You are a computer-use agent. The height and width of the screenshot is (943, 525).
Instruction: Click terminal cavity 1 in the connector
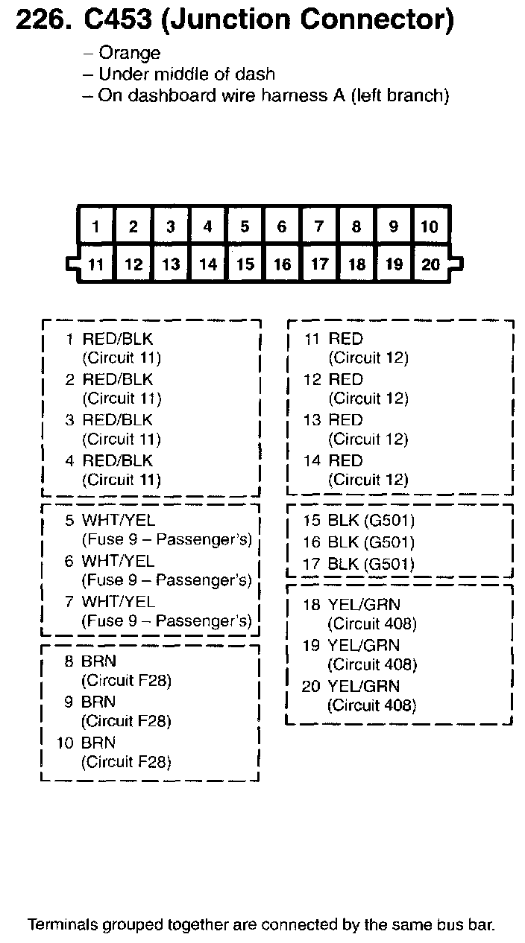(x=96, y=226)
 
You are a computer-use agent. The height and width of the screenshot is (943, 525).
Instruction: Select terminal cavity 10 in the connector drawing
(x=430, y=226)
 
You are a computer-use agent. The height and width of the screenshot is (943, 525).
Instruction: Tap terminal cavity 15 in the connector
(x=245, y=264)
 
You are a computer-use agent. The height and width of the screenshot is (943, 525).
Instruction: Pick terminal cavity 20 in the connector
(x=430, y=264)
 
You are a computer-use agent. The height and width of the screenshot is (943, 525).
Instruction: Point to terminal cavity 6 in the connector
(x=282, y=226)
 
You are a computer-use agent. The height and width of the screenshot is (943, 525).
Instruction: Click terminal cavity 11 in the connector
(x=96, y=264)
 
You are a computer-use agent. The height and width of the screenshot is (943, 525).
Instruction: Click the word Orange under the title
(x=129, y=53)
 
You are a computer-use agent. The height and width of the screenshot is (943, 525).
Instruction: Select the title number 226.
(x=44, y=21)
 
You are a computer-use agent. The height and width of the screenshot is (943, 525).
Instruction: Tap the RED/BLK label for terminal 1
(x=117, y=339)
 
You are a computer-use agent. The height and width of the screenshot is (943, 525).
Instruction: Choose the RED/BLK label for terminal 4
(x=117, y=460)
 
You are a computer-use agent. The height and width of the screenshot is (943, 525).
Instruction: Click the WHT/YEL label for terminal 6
(x=118, y=561)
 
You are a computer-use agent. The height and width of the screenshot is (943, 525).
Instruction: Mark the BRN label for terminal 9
(x=98, y=702)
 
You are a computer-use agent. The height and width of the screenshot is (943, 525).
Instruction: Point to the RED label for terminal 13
(x=345, y=420)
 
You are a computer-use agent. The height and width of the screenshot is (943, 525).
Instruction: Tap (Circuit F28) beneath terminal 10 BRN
(x=126, y=762)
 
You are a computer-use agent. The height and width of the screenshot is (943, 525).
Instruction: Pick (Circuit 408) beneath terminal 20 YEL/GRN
(x=371, y=705)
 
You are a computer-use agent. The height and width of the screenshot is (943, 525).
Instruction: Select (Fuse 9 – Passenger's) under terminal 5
(x=166, y=539)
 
